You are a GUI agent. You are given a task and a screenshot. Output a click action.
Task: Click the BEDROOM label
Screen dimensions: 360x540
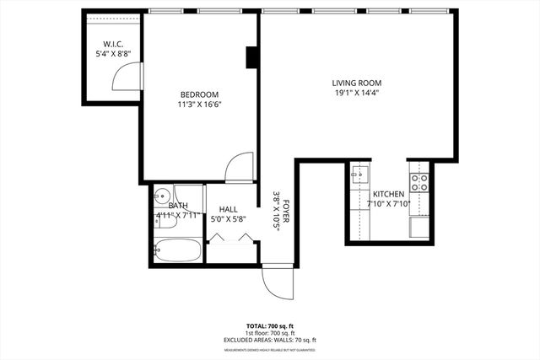(199, 94)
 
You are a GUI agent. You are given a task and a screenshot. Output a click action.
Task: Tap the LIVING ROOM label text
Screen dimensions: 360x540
(357, 83)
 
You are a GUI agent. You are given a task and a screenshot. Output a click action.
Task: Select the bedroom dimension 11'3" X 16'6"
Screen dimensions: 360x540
(199, 105)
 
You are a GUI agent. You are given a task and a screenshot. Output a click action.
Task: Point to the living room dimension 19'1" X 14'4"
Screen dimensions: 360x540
(357, 94)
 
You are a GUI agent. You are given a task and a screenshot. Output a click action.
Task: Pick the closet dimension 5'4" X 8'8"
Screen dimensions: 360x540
(113, 54)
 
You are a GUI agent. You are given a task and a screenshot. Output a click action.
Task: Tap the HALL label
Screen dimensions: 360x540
(228, 210)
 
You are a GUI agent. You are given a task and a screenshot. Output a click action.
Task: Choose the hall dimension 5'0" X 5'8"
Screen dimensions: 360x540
(228, 221)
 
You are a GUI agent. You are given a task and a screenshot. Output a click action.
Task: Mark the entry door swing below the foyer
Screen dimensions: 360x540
(278, 282)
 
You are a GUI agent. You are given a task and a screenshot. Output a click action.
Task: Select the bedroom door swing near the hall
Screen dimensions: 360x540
(240, 165)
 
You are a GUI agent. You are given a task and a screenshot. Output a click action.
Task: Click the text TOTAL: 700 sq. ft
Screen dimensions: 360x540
(270, 325)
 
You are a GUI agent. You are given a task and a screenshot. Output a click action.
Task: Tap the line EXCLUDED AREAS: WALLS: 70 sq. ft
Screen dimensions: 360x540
(270, 340)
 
